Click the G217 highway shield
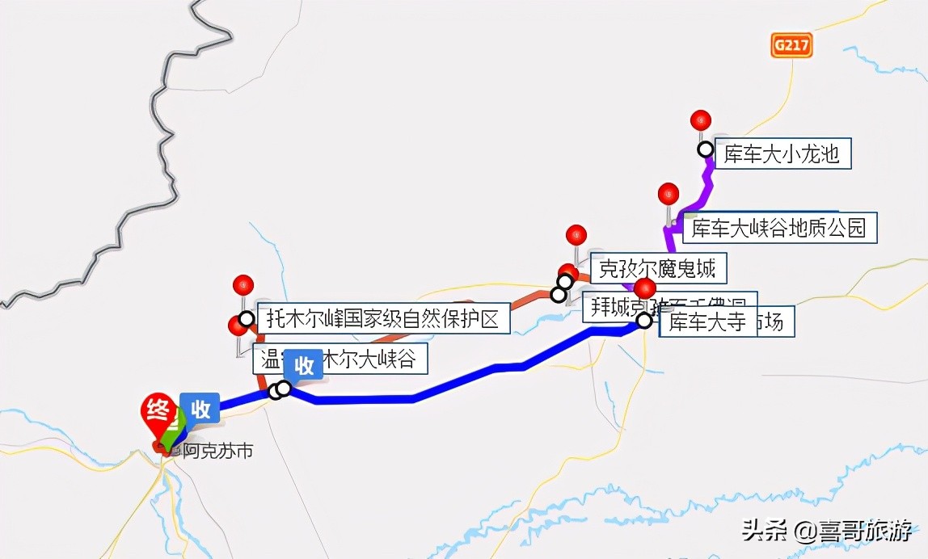[791, 46]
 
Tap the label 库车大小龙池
[781, 153]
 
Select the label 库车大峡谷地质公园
[779, 229]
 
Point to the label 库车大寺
[707, 322]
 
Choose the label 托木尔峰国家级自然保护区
[383, 319]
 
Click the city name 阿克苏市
[217, 451]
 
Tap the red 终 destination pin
[157, 412]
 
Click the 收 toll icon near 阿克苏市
[200, 409]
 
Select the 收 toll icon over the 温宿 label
[304, 365]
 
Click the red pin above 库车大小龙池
[701, 121]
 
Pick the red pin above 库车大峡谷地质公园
[669, 194]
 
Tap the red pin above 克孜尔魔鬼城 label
[576, 235]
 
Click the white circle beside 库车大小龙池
[706, 149]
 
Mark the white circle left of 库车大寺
[644, 321]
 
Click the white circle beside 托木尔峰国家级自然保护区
[247, 319]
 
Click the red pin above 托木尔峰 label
[243, 285]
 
